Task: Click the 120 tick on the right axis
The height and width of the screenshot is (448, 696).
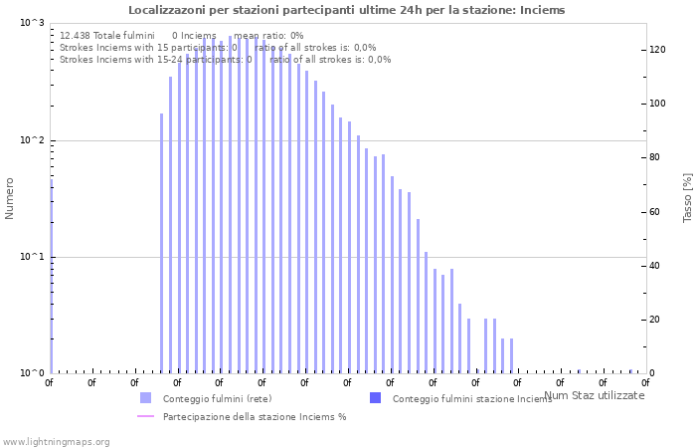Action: [x=657, y=50]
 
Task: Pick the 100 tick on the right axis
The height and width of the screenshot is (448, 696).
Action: [x=657, y=104]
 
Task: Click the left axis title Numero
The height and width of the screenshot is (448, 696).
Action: [x=10, y=198]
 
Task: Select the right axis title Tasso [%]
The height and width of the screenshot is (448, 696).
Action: [x=687, y=197]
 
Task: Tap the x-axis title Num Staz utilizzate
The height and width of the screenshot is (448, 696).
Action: [x=595, y=395]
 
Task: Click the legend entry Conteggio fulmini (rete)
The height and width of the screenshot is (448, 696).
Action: [x=217, y=398]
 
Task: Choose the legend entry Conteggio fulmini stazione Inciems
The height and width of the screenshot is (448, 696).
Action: [x=472, y=398]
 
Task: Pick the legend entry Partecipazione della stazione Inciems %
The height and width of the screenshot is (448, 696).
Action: [x=255, y=416]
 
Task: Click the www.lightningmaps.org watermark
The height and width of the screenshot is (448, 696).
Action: [x=56, y=441]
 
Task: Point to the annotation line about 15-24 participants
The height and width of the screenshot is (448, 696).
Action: [x=225, y=60]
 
